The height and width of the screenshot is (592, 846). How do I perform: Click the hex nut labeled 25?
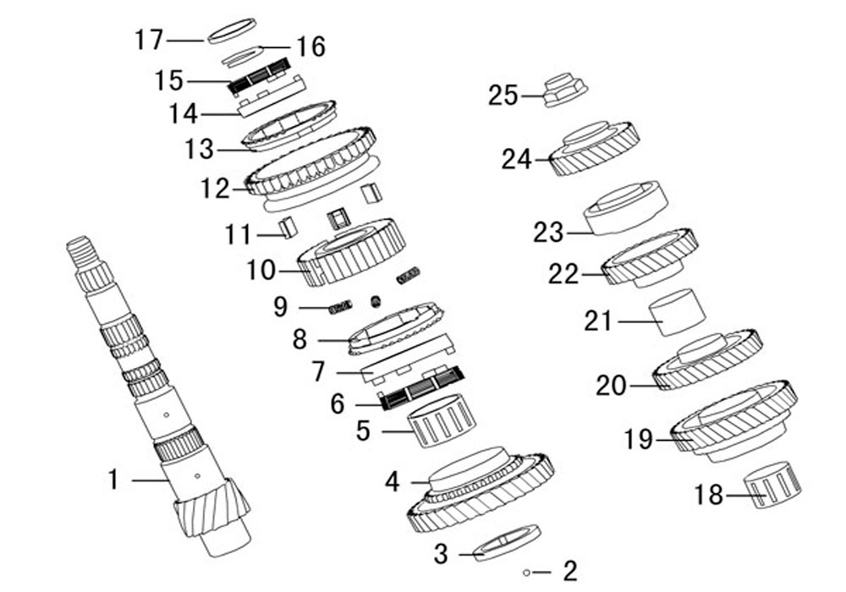click(564, 90)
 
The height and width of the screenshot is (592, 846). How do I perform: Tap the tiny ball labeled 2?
click(526, 573)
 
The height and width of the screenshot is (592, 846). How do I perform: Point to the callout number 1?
click(113, 480)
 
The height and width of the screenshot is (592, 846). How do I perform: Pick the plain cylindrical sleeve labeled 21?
click(677, 312)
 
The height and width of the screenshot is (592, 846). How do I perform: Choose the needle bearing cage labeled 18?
click(772, 485)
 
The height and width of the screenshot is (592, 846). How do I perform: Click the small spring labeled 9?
click(340, 308)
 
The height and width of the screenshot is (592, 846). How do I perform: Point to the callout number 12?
click(215, 189)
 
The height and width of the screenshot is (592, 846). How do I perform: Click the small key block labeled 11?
click(288, 227)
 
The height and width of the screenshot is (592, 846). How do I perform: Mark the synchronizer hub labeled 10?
click(351, 253)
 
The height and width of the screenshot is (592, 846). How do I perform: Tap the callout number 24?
click(517, 160)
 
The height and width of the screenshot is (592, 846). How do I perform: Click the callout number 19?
click(639, 440)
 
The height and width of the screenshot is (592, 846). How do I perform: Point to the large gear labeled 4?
click(480, 490)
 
